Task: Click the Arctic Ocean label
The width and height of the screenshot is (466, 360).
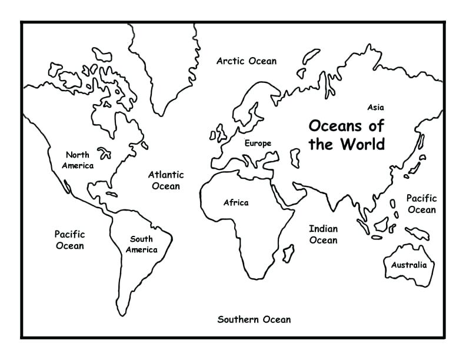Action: point(247,61)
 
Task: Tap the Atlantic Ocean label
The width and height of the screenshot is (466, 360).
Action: point(165,180)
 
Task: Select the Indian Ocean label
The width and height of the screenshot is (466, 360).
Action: point(323,234)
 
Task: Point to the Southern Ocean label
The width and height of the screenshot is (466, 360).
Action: point(254,319)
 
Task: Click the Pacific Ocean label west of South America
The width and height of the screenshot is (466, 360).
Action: point(69,240)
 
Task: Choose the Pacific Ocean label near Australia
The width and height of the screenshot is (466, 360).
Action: point(421,204)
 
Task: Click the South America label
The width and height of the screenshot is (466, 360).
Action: point(141,244)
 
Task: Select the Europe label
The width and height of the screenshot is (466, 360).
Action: point(258,143)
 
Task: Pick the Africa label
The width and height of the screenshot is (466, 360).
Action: point(236,203)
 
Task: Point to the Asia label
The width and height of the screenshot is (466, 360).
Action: point(375,108)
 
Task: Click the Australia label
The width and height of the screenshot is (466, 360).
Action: point(409,265)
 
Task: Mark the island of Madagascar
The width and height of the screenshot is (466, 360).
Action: point(288,254)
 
